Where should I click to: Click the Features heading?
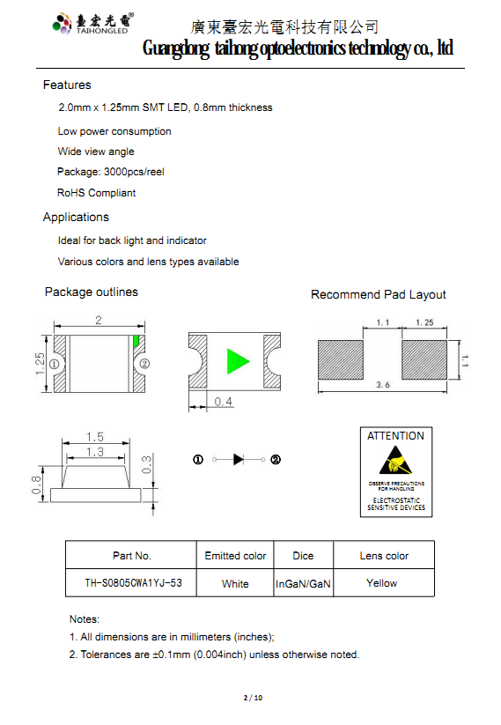pos(67,85)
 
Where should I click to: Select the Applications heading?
pos(76,218)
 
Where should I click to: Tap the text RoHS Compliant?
pos(96,193)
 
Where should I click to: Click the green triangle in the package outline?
pos(238,361)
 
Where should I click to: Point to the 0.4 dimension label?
pos(224,402)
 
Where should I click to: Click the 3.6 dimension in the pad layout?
pos(383,385)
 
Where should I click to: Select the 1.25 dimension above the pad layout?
pos(424,322)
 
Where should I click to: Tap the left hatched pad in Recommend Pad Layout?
pos(341,359)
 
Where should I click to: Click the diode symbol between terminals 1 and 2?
pos(239,459)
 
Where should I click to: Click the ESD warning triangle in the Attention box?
pos(395,461)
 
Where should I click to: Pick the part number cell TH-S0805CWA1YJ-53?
pos(133,583)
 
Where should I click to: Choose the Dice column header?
pos(303,556)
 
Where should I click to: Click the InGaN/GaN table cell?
pos(303,584)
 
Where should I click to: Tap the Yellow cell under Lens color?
pos(382,583)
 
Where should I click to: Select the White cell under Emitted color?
pos(235,584)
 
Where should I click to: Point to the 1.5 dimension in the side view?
pos(95,437)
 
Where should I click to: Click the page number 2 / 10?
pos(253,698)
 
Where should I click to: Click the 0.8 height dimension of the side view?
pos(36,485)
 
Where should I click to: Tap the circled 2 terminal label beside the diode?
pos(276,460)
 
